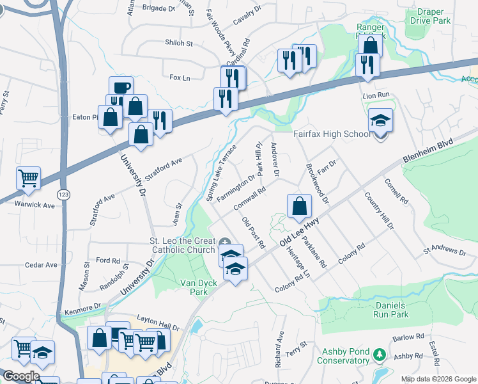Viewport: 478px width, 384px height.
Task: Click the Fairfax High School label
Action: pos(332,134)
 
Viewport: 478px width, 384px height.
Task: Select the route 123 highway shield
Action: pos(63,195)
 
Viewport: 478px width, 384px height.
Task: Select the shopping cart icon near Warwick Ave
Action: pos(29,179)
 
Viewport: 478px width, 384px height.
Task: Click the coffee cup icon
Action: pos(120,88)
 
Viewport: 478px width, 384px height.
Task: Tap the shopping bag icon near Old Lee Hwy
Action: pos(299,206)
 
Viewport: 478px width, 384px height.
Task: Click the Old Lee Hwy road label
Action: pos(300,232)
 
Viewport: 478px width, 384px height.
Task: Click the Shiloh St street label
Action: pos(180,44)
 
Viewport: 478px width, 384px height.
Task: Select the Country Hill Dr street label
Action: pos(380,211)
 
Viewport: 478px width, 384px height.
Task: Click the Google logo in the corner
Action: pos(20,377)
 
